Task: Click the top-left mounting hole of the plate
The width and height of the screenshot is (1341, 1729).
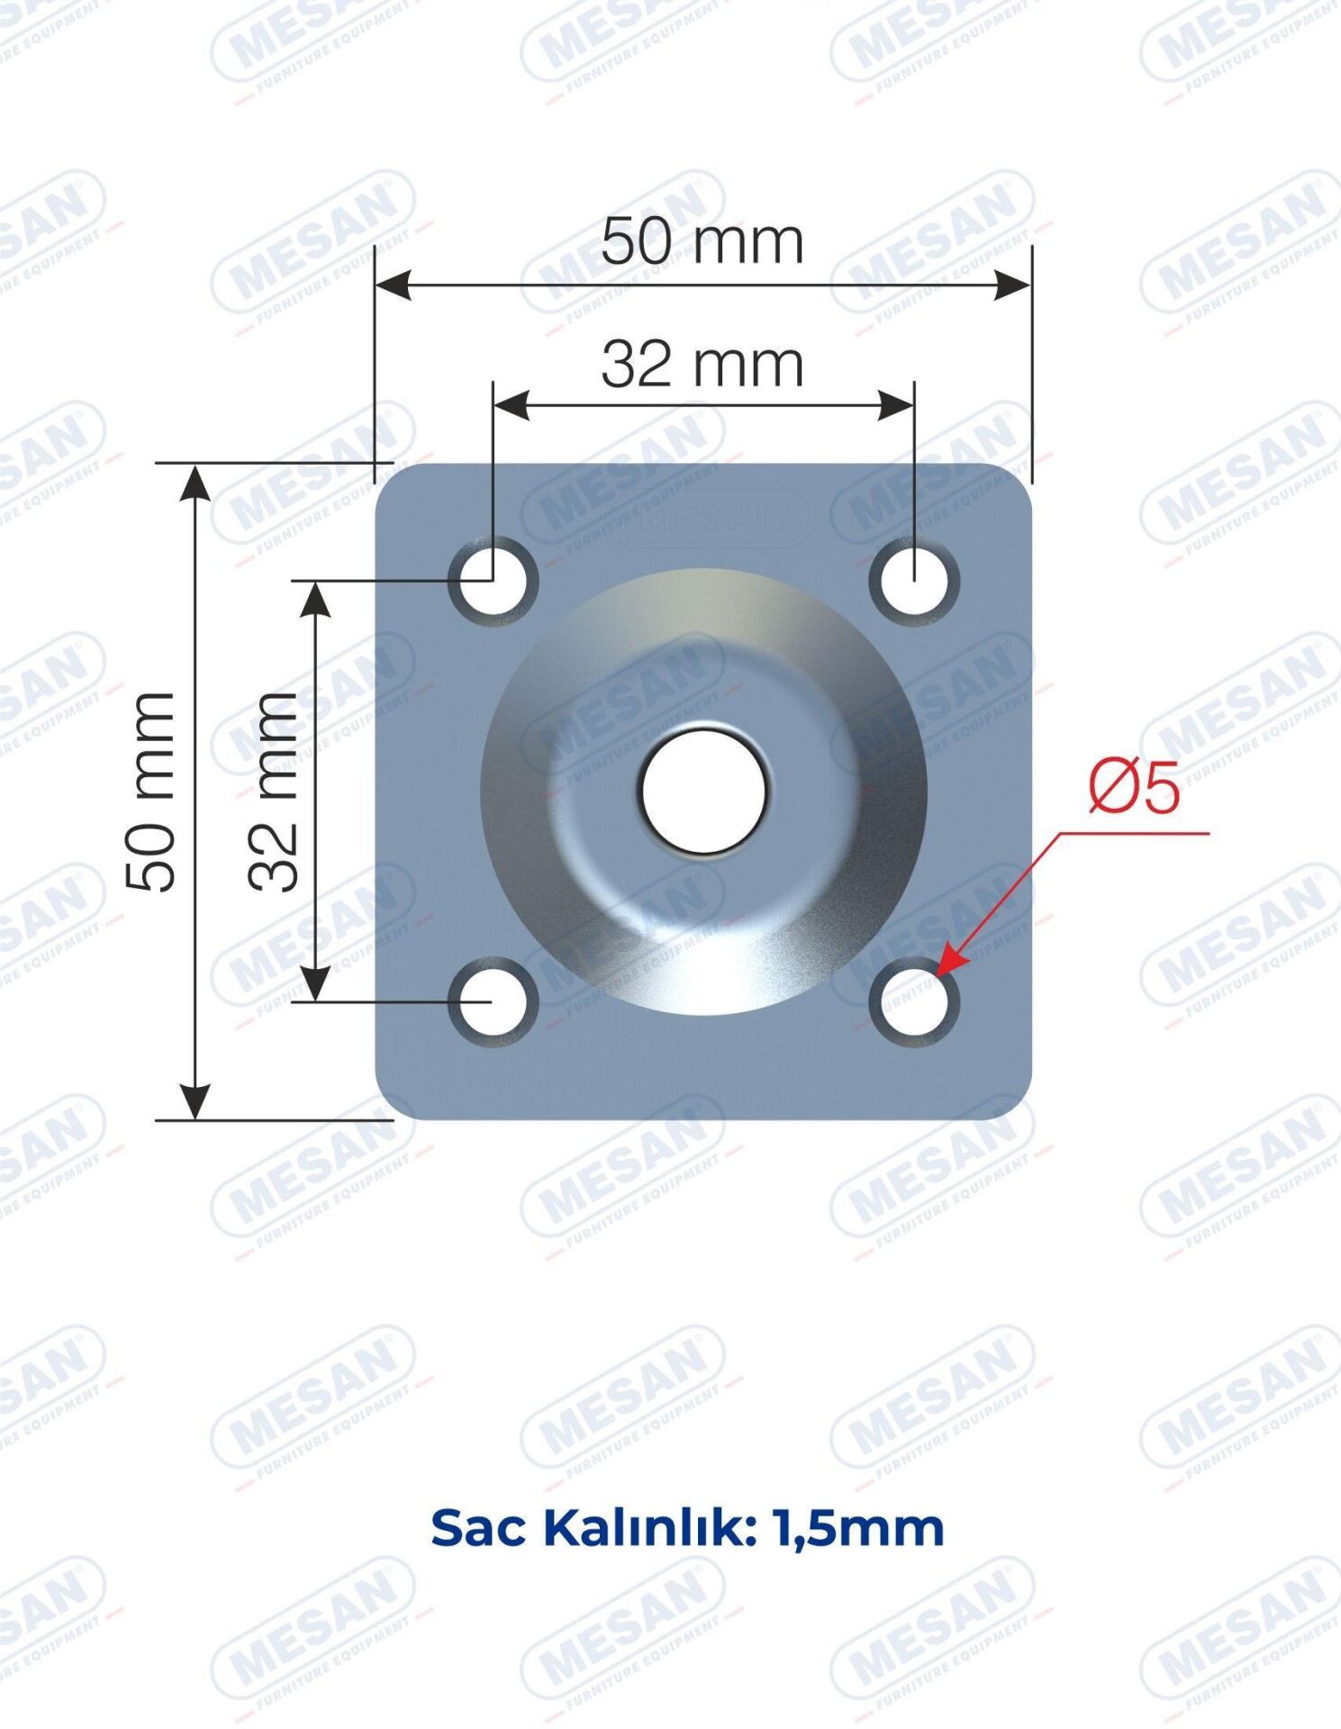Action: click(493, 579)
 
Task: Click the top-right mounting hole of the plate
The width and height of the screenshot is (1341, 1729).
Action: click(914, 579)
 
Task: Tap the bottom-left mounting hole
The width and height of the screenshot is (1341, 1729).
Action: click(493, 1001)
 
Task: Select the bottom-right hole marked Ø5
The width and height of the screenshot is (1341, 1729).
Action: click(914, 1001)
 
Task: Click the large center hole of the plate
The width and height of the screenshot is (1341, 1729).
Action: click(704, 791)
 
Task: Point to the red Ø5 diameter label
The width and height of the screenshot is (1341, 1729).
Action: click(1133, 787)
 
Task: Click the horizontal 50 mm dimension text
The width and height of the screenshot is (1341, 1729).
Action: click(702, 242)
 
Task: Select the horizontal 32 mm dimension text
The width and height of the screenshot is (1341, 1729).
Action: click(702, 365)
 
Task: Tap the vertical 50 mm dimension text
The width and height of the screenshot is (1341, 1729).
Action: click(150, 792)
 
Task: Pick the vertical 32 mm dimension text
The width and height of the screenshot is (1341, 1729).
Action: click(274, 792)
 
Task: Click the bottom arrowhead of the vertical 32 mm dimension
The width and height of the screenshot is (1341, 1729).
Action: click(315, 982)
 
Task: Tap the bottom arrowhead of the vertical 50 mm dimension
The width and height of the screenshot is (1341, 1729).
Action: click(195, 1102)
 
